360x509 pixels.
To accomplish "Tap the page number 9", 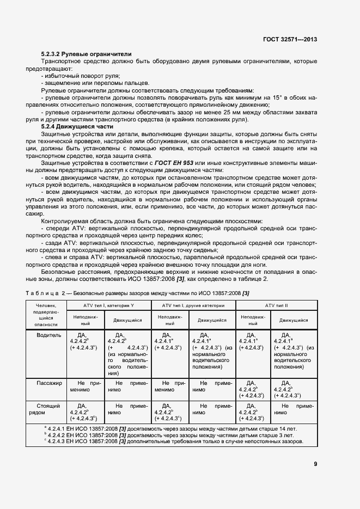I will click(x=315, y=464).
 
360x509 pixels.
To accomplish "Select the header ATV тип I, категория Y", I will click(x=109, y=306).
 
